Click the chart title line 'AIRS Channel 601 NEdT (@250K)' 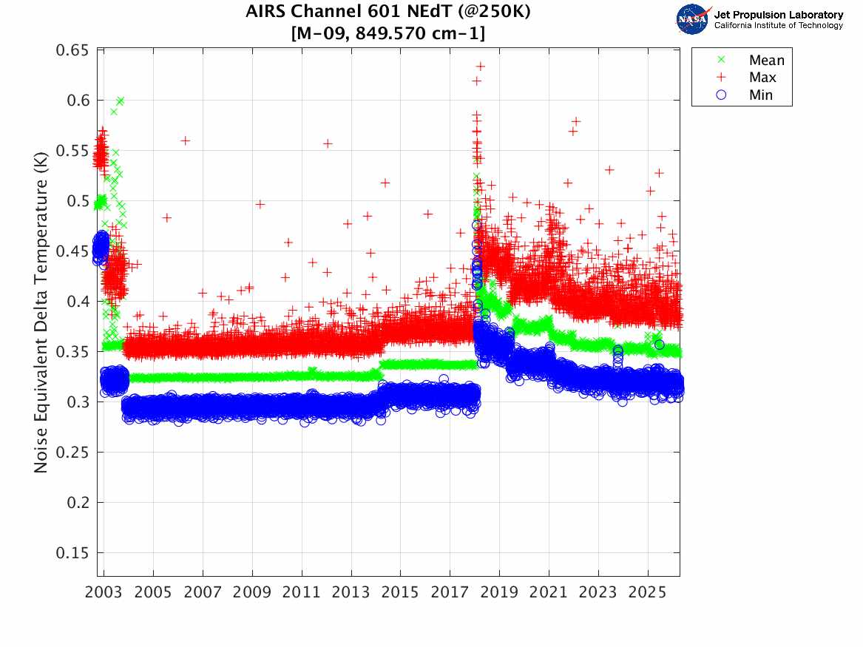click(x=387, y=12)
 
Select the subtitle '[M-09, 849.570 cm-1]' click(x=387, y=33)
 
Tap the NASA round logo click(x=693, y=18)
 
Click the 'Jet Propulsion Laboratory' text click(x=779, y=15)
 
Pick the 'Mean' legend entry click(x=766, y=61)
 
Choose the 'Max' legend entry click(x=762, y=78)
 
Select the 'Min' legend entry click(x=760, y=95)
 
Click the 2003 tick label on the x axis click(x=104, y=593)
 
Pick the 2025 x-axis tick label click(x=648, y=593)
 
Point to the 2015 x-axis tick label click(x=401, y=593)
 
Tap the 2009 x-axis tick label click(x=252, y=593)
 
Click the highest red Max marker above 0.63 click(x=480, y=67)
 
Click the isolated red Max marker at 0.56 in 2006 click(x=186, y=140)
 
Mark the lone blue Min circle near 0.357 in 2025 click(x=659, y=345)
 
